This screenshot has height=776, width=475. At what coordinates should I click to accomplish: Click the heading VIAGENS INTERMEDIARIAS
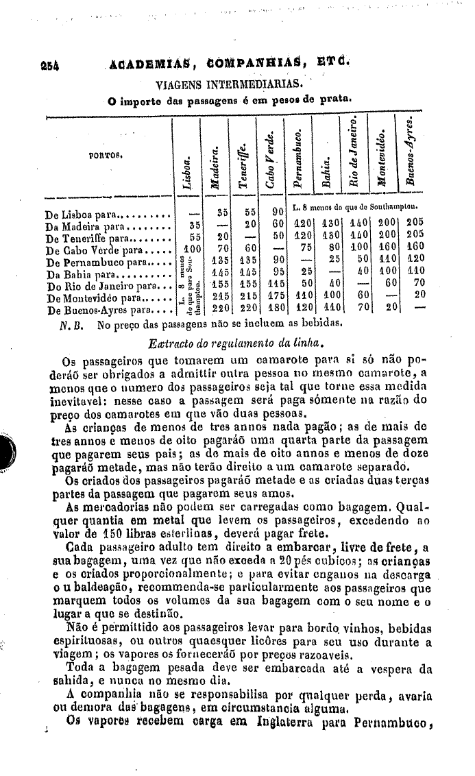pyautogui.click(x=228, y=85)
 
